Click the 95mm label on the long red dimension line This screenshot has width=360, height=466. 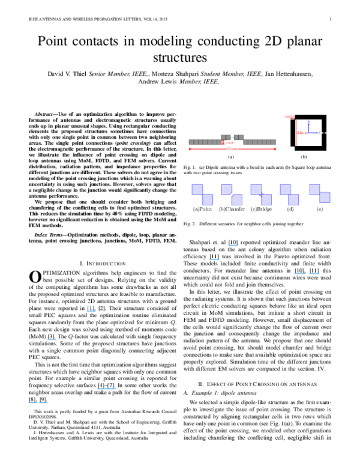point(232,149)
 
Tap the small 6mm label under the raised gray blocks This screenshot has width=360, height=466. point(229,143)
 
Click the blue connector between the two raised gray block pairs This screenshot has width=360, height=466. point(232,138)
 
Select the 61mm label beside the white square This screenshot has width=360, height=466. point(302,133)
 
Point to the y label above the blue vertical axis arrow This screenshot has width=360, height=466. point(308,122)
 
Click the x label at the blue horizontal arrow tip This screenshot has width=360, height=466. point(318,133)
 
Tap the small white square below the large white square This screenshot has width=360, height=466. point(293,149)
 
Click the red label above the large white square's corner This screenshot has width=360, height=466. point(287,116)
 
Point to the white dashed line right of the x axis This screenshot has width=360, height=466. point(324,133)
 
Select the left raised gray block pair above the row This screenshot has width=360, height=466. point(226,137)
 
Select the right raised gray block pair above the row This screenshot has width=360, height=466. point(239,137)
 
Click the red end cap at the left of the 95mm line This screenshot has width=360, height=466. point(190,148)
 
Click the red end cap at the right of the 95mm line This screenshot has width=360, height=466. point(275,148)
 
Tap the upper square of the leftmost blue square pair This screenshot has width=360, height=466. point(197,189)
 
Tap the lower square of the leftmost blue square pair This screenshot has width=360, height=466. point(208,199)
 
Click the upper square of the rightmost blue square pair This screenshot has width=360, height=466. point(315,189)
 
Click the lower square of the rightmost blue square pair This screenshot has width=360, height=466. point(325,198)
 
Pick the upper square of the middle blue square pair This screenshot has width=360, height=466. point(256,189)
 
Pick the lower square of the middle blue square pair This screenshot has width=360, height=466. point(266,199)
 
